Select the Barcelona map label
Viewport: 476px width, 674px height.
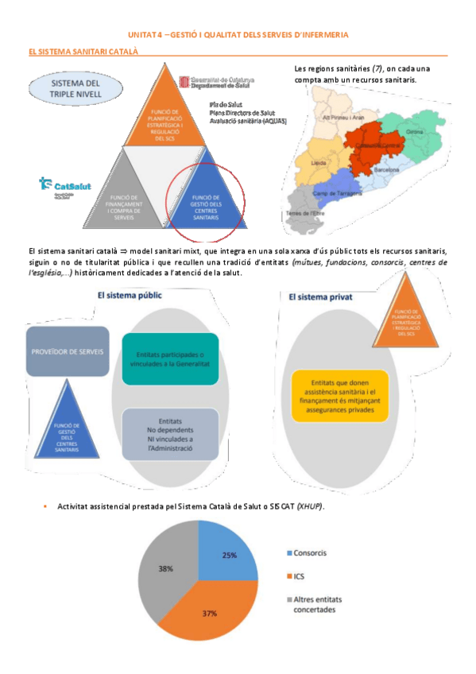(387, 169)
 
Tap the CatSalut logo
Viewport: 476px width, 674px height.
(62, 184)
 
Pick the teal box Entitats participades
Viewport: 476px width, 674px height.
(170, 359)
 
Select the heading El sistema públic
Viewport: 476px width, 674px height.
(130, 294)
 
